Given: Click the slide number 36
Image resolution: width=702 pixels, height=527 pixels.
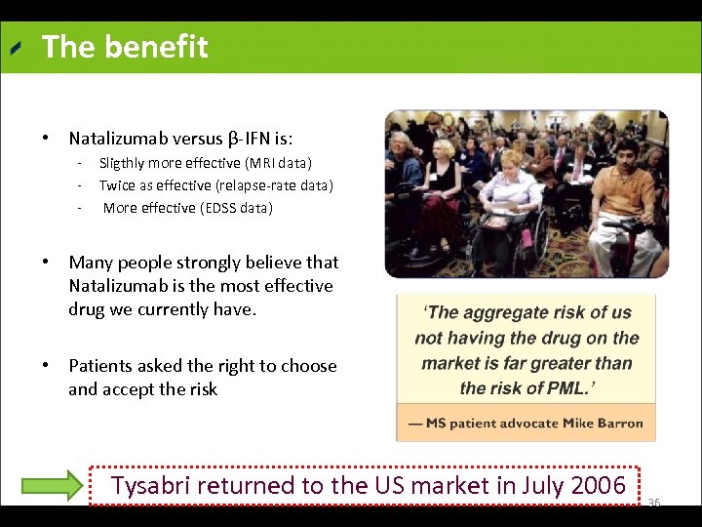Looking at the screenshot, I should [x=654, y=503].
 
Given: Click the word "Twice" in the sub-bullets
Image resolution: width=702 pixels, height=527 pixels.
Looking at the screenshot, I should [x=117, y=185].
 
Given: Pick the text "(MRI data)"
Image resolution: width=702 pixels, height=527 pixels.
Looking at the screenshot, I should [x=278, y=163].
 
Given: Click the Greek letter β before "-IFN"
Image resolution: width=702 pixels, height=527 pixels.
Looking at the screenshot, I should [x=232, y=139].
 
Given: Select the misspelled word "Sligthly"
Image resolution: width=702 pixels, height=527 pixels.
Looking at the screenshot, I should [x=124, y=163].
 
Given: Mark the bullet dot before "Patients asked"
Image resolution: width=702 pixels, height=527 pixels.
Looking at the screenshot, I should [x=46, y=366].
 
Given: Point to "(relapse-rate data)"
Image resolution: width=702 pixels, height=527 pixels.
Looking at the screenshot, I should [x=286, y=185].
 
